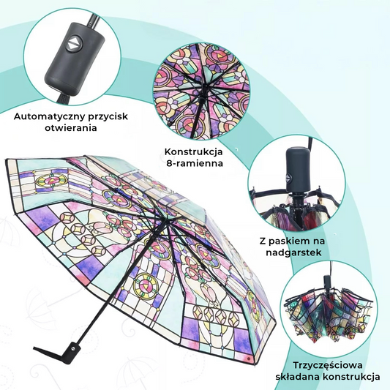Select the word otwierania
(71, 128)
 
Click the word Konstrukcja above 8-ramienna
(193, 151)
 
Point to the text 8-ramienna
(195, 163)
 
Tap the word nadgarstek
(293, 252)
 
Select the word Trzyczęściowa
(328, 366)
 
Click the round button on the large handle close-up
(73, 44)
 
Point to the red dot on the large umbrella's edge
(248, 359)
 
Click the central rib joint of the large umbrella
(160, 218)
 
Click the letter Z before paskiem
(263, 241)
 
